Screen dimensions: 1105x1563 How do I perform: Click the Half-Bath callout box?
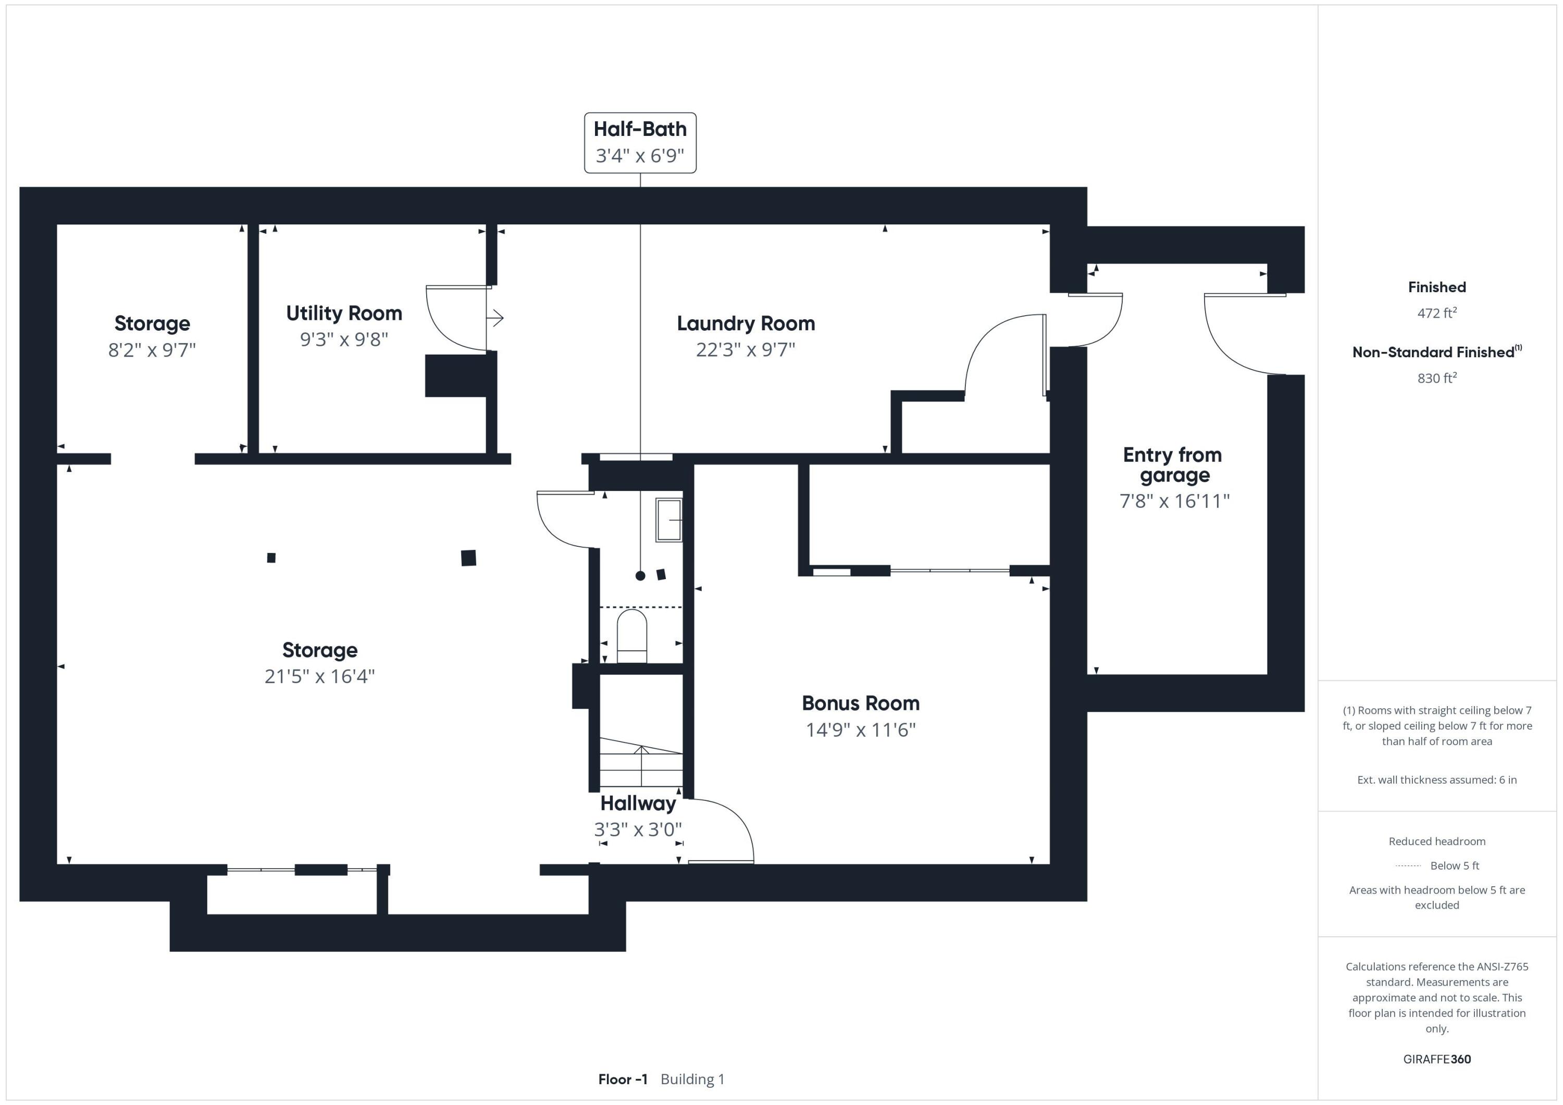[640, 142]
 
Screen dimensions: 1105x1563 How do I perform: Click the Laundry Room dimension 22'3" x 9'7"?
[746, 350]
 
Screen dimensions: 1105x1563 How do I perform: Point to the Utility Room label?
[344, 313]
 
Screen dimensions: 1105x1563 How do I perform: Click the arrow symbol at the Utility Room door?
[497, 318]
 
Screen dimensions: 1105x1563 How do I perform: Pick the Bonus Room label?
[861, 703]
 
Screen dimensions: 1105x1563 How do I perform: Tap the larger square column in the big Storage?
[468, 558]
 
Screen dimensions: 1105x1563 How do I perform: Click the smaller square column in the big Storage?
[271, 558]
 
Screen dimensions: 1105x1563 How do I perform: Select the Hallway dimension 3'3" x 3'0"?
[638, 830]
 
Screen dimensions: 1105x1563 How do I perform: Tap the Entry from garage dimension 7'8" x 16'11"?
[1174, 501]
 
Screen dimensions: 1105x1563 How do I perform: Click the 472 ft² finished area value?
[1436, 313]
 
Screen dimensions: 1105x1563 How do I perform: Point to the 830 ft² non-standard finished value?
[1436, 378]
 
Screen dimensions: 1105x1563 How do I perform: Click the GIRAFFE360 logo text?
[1436, 1059]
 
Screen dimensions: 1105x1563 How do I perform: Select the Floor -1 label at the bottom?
[622, 1079]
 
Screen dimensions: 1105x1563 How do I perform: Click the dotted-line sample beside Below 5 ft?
[1408, 866]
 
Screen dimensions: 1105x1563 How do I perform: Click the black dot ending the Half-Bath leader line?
[640, 575]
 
